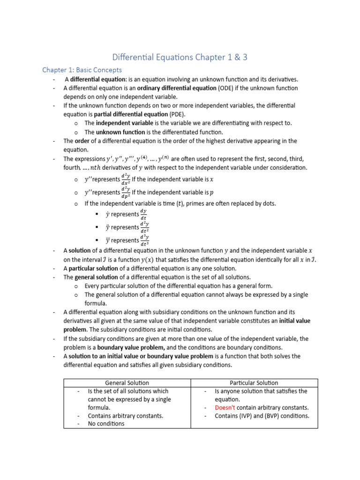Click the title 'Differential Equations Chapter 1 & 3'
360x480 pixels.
[x=180, y=57]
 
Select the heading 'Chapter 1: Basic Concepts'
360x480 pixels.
[x=82, y=70]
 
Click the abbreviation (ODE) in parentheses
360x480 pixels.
[x=230, y=88]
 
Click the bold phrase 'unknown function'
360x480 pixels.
[x=120, y=132]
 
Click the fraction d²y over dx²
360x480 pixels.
[x=126, y=179]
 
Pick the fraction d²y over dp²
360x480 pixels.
[x=126, y=192]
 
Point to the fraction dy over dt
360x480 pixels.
[x=144, y=214]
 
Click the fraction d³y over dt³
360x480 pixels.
[x=144, y=240]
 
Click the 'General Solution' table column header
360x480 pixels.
[x=127, y=383]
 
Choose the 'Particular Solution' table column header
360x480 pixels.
[x=254, y=383]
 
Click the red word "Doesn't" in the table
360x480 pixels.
[x=225, y=407]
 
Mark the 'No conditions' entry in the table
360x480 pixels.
[x=106, y=424]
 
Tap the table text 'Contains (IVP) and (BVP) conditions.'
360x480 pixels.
[x=262, y=416]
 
